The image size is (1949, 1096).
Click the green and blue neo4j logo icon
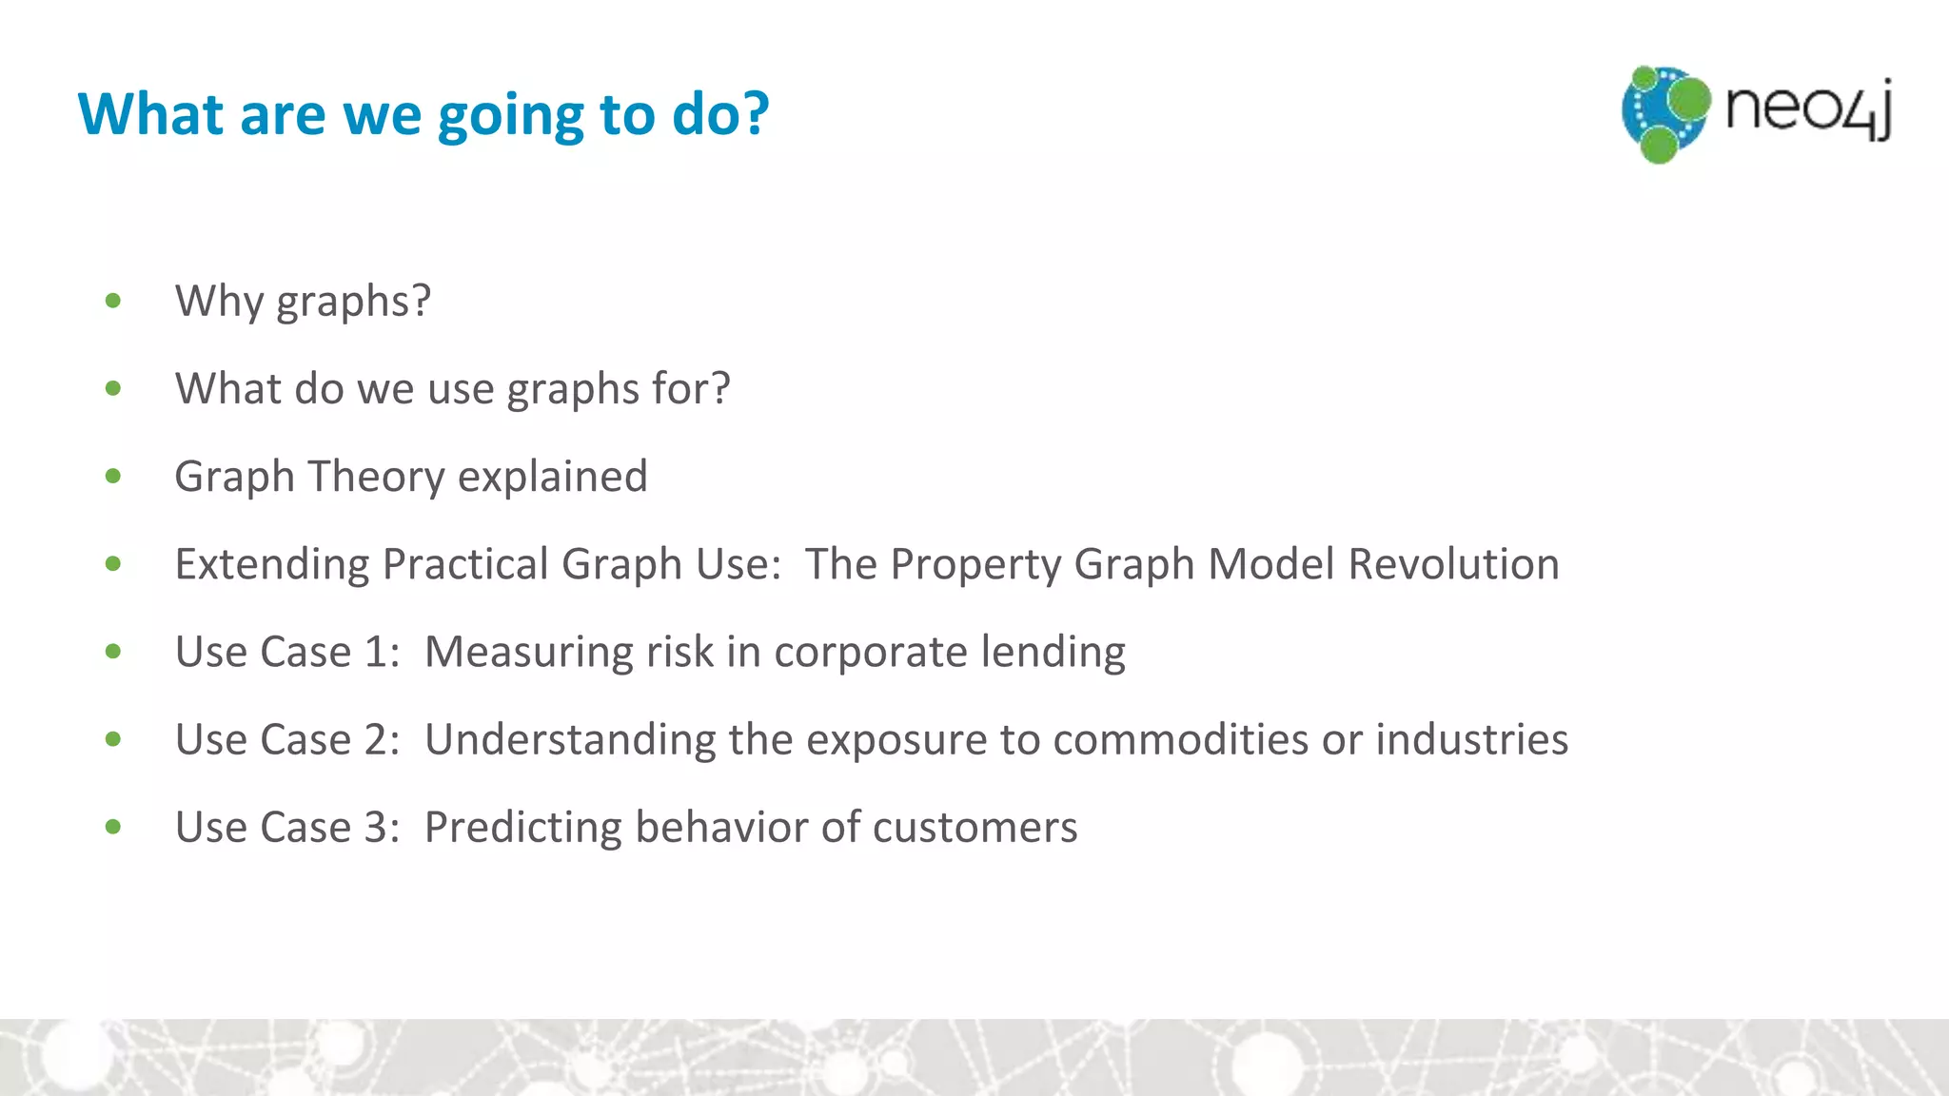1664,113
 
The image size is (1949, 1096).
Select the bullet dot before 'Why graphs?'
113,302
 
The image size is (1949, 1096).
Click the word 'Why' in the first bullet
219,302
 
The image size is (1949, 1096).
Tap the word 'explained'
552,477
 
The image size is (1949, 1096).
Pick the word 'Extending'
272,564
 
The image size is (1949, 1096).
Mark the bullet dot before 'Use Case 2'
113,739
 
